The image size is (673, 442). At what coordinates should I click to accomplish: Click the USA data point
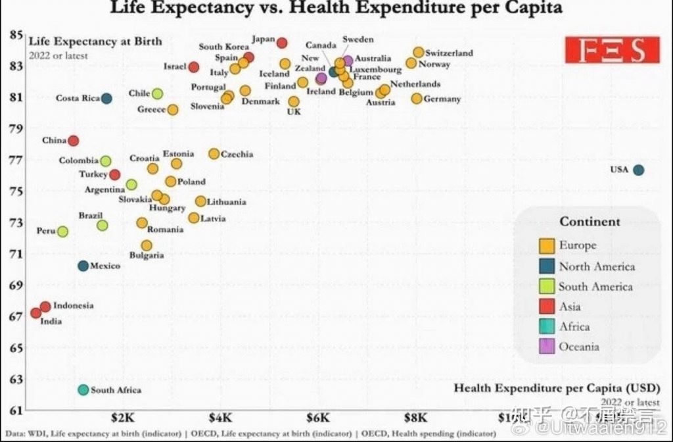coord(638,170)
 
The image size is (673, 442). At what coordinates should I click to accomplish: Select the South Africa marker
coord(83,389)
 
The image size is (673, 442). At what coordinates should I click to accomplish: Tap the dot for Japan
coord(282,43)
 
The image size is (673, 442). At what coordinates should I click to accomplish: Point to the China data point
coord(74,141)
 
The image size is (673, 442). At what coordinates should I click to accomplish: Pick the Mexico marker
coord(83,266)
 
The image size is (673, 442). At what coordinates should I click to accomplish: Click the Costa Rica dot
coord(106,99)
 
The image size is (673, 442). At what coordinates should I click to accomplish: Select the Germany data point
coord(417,99)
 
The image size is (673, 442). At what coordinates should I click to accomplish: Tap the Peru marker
coord(62,232)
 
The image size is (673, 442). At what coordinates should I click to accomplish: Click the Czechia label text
coord(237,155)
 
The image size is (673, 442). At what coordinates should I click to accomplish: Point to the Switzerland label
coord(449,53)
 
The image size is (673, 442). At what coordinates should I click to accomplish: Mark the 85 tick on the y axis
coord(16,35)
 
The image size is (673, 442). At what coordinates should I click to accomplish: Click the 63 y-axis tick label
coord(16,380)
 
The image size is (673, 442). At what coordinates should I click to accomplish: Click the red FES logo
coord(612,50)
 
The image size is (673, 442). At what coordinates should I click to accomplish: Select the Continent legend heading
coord(590,222)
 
